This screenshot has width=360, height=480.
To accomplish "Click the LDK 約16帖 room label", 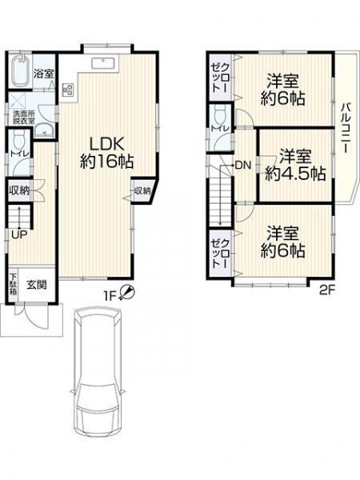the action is pos(106,153).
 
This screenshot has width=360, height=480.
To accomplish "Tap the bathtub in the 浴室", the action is pos(21,70).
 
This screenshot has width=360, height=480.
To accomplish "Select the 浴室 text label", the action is pos(44,74).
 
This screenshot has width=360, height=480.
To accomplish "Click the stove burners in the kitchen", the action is pos(68,90).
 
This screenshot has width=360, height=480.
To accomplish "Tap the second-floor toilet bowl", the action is pos(221,114).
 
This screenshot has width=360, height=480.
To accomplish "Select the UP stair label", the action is pos(19,234).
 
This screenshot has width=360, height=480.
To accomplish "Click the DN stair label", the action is pos(243,166).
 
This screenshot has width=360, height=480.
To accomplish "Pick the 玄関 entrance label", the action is pos(37,285).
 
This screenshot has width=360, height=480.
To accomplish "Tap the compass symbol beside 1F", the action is pos(126,292).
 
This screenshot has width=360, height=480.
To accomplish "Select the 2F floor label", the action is pos(327,290).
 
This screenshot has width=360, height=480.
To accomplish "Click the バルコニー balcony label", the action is pos(347,128).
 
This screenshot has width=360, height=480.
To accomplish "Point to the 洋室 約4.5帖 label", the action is pos(295,165).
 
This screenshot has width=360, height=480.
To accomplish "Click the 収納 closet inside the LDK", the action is pos(142,190).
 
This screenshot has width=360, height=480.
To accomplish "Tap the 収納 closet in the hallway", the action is pos(19,190).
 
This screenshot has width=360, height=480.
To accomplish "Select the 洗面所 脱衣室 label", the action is pos(23,117).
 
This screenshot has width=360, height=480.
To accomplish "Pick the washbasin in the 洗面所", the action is pos(44,130).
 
